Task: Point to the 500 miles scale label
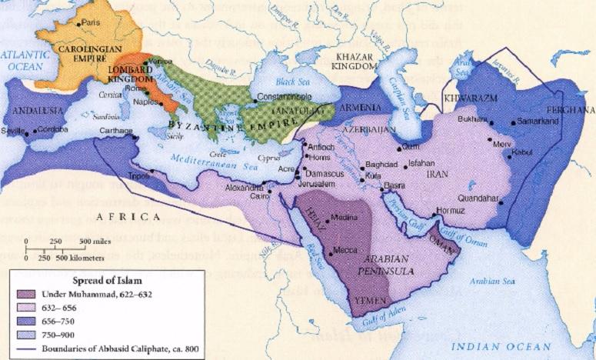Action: tap(94, 241)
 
